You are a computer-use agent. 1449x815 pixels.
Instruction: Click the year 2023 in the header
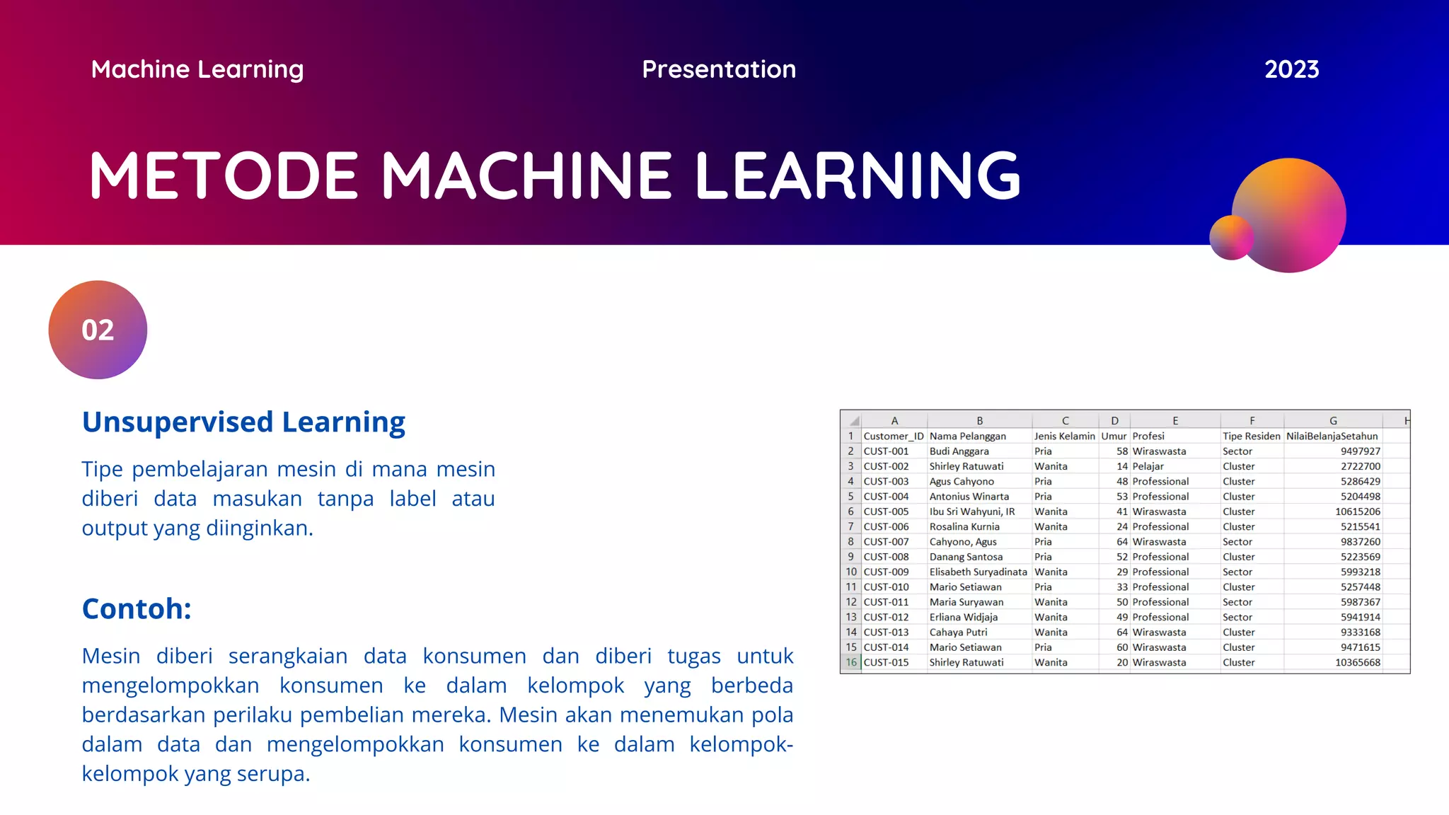pyautogui.click(x=1291, y=69)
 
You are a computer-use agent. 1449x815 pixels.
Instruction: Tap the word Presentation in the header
pyautogui.click(x=719, y=69)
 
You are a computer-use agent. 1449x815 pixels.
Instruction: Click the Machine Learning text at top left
pyautogui.click(x=197, y=69)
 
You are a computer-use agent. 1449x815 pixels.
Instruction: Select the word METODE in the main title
pyautogui.click(x=224, y=175)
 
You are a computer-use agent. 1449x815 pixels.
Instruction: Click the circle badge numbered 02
pyautogui.click(x=98, y=330)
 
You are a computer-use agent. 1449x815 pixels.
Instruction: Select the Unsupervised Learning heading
pyautogui.click(x=243, y=422)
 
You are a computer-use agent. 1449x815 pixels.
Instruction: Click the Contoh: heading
pyautogui.click(x=137, y=608)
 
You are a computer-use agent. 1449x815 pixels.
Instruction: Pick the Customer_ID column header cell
pyautogui.click(x=893, y=436)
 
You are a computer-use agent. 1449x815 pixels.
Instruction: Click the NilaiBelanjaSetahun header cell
pyautogui.click(x=1332, y=436)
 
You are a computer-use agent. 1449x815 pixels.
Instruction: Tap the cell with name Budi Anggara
pyautogui.click(x=959, y=451)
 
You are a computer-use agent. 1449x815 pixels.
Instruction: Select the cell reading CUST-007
pyautogui.click(x=886, y=542)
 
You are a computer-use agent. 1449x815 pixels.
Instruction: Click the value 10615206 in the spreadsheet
pyautogui.click(x=1357, y=511)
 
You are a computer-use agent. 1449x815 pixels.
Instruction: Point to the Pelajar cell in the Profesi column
pyautogui.click(x=1148, y=466)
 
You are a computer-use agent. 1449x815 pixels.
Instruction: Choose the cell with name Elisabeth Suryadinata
pyautogui.click(x=978, y=572)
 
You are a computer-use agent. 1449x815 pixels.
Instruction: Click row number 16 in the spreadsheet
pyautogui.click(x=850, y=662)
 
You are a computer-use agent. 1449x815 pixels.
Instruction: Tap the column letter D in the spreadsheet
pyautogui.click(x=1114, y=420)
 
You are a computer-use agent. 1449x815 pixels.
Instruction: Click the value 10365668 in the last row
pyautogui.click(x=1357, y=662)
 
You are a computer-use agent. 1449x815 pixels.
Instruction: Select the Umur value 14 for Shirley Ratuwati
pyautogui.click(x=1121, y=466)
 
